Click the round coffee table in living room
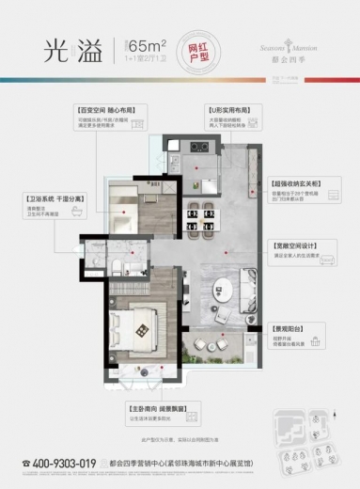[224, 281]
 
